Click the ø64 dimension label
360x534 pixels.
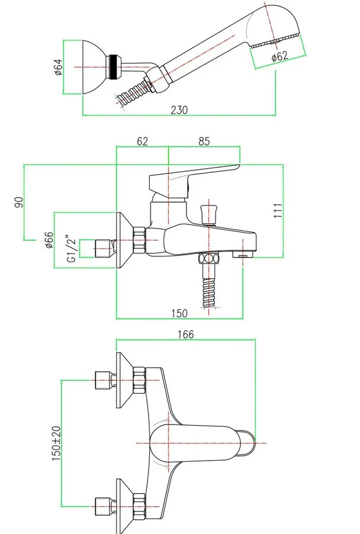(59, 68)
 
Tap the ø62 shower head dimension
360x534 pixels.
(279, 57)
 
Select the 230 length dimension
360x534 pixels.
(179, 110)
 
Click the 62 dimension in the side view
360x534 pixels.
(142, 141)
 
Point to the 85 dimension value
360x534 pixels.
(204, 141)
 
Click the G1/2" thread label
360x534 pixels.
(71, 249)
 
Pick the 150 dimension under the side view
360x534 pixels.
(179, 313)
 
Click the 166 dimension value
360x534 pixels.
(185, 334)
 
